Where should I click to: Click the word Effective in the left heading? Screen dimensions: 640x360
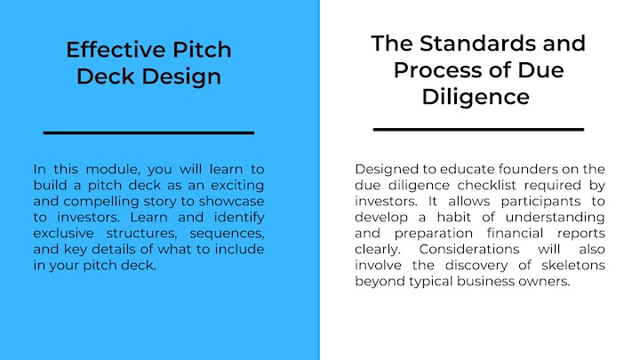(x=116, y=50)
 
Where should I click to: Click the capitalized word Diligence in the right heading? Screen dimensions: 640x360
(x=476, y=97)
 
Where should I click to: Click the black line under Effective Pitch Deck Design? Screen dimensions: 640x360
(x=149, y=132)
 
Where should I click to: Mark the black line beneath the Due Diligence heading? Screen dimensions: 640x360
(x=478, y=130)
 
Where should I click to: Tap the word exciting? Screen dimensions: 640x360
(x=237, y=185)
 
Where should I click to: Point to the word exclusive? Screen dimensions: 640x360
(x=63, y=233)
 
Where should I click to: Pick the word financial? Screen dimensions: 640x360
(x=515, y=233)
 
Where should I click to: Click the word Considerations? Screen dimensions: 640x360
(x=469, y=249)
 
